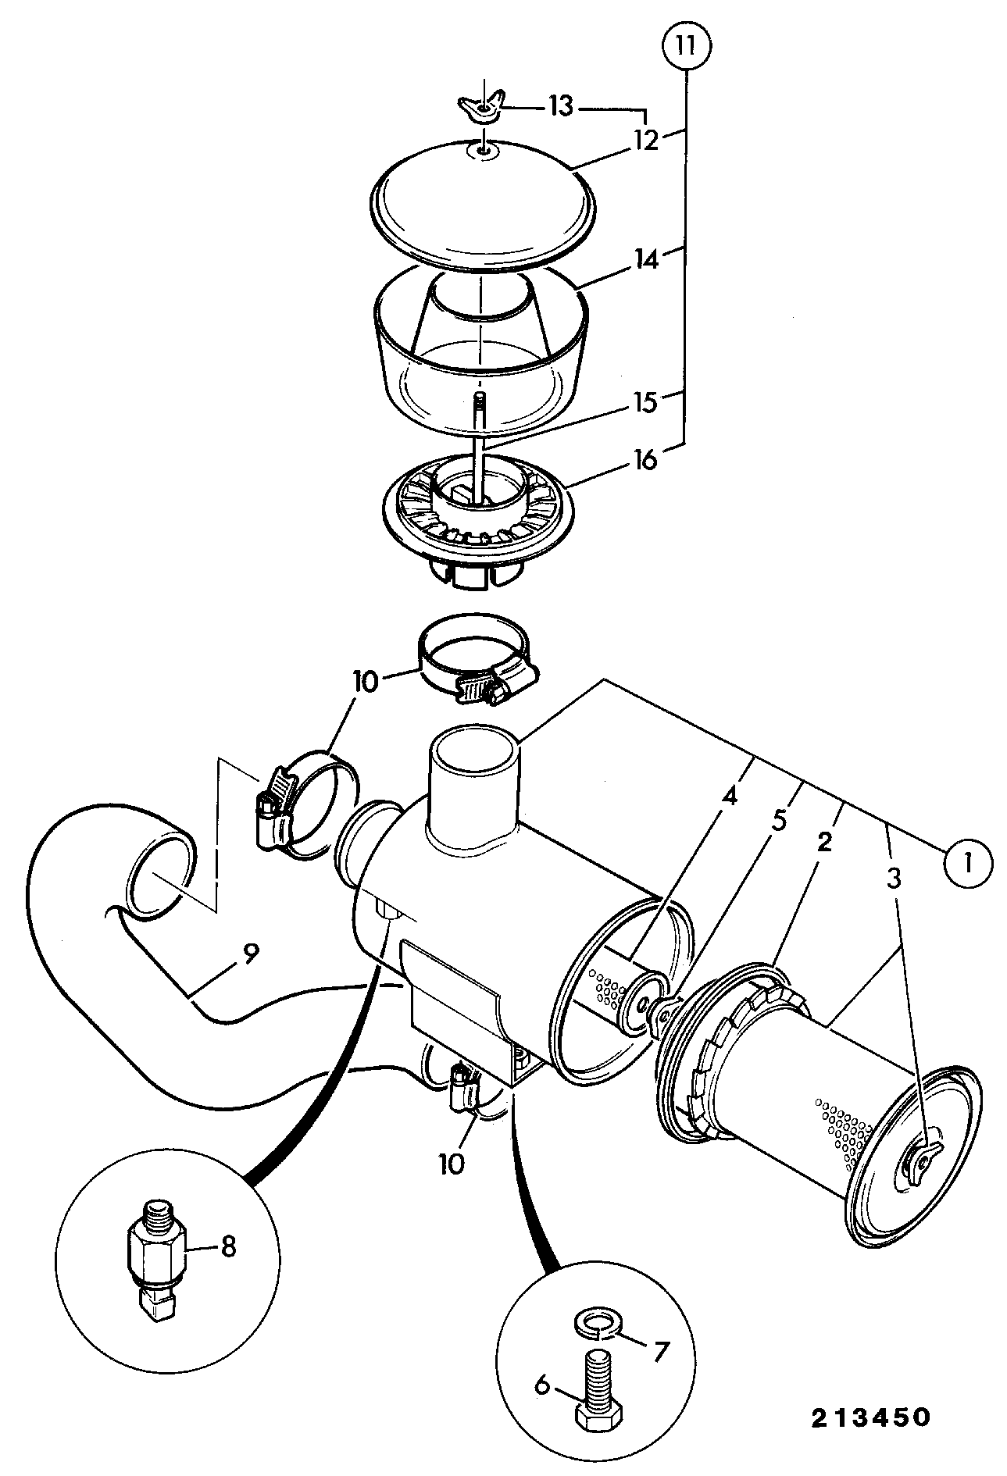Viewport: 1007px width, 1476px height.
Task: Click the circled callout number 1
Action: click(968, 863)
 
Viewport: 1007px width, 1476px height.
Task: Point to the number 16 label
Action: click(645, 461)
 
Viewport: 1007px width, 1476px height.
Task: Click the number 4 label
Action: click(729, 797)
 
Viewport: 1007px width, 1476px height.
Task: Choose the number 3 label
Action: click(894, 878)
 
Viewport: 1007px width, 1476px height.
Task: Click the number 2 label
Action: click(824, 842)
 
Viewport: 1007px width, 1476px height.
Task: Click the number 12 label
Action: click(645, 141)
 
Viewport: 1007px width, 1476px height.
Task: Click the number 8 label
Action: click(227, 1246)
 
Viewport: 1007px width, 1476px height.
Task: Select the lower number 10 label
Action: click(451, 1164)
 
